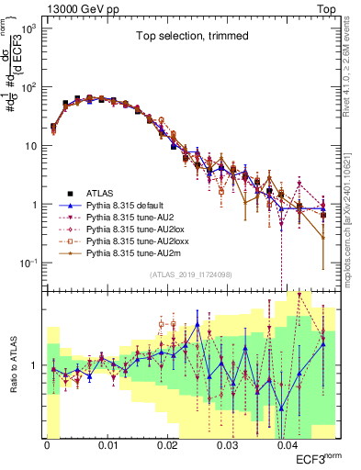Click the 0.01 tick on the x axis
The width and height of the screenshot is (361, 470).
(x=107, y=443)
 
